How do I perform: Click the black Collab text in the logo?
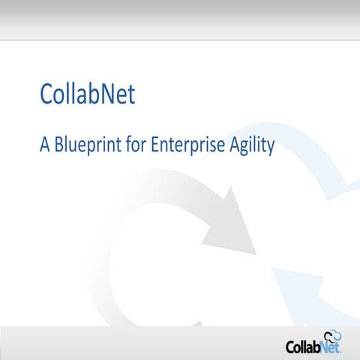pos(304,347)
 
